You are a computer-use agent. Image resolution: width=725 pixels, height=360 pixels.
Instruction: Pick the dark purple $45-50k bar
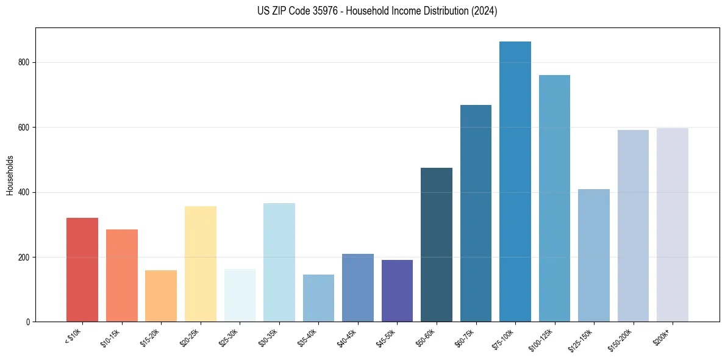click(x=397, y=290)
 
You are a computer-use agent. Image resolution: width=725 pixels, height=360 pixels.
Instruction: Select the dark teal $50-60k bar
click(x=437, y=244)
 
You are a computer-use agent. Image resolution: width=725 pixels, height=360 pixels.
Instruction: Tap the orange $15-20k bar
click(x=161, y=295)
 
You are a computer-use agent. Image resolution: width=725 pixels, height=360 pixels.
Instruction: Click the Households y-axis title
click(x=10, y=175)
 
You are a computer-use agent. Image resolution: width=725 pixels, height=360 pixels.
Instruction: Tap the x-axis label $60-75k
click(x=464, y=337)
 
